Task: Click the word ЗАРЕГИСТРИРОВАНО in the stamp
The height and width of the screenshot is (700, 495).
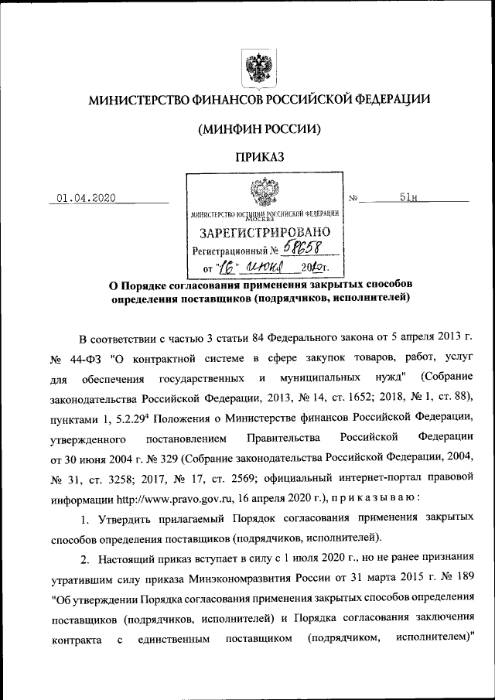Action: tap(265, 232)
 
